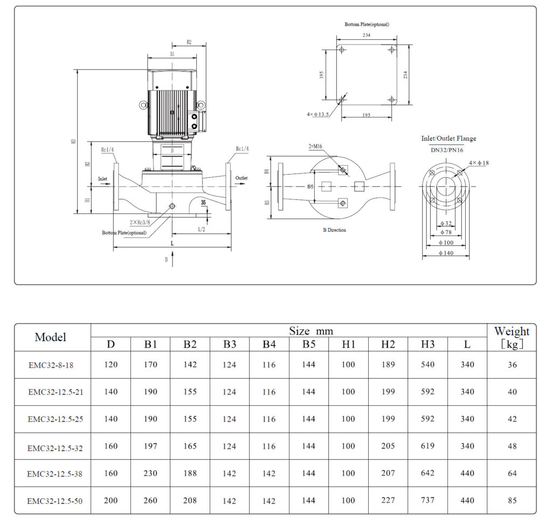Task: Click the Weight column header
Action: click(512, 337)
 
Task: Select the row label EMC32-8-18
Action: click(51, 365)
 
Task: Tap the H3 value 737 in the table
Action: click(427, 501)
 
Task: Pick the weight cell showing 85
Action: click(512, 501)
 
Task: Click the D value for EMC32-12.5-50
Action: click(111, 501)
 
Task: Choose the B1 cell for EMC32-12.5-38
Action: click(150, 473)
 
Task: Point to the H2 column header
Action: click(388, 345)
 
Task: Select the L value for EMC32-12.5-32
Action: click(467, 446)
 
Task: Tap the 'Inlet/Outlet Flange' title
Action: click(448, 138)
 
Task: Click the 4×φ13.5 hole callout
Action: click(318, 114)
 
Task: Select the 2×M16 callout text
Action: click(316, 147)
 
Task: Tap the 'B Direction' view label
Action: click(334, 230)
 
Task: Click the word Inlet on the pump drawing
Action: click(102, 178)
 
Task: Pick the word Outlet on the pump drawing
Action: click(241, 178)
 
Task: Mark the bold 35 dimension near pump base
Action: click(203, 203)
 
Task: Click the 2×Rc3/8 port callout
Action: click(140, 222)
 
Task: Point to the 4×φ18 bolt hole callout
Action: click(479, 163)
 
